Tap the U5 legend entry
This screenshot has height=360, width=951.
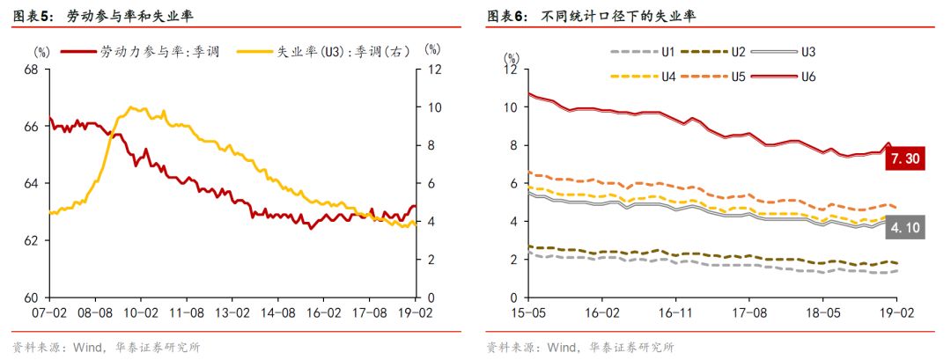pos(713,77)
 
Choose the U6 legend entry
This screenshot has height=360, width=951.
pos(788,77)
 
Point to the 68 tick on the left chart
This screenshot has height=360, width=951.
pos(29,70)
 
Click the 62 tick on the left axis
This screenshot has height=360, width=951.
pos(29,240)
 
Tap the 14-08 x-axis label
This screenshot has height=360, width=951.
pos(278,312)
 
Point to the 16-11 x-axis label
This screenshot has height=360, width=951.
pos(675,312)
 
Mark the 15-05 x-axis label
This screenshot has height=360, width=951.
pos(528,312)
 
